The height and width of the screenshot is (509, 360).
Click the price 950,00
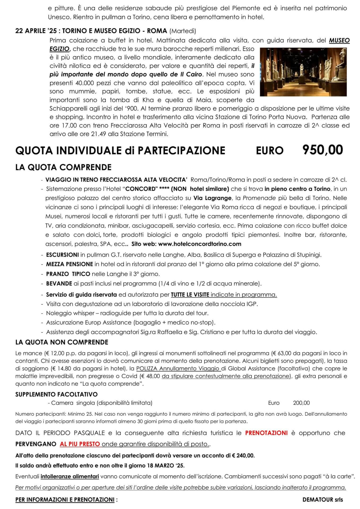(322, 150)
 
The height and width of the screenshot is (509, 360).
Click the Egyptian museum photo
(303, 72)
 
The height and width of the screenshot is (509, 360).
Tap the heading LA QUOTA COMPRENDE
(63, 167)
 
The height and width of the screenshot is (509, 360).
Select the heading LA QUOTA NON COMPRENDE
(62, 342)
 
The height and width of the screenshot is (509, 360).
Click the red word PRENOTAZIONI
(266, 433)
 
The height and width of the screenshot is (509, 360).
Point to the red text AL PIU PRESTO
(80, 444)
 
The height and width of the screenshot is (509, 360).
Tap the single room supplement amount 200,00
(301, 403)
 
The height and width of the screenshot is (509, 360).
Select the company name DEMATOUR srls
(322, 500)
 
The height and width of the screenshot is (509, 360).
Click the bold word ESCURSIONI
(62, 255)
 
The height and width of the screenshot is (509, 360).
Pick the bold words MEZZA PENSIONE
(69, 264)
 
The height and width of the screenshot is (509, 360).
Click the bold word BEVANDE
(59, 284)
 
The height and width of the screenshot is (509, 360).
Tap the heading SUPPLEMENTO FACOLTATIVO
(56, 394)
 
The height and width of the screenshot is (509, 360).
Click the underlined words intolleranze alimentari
(70, 476)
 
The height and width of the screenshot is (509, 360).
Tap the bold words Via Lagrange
(211, 198)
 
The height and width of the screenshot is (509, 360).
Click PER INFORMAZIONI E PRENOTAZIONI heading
(65, 500)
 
